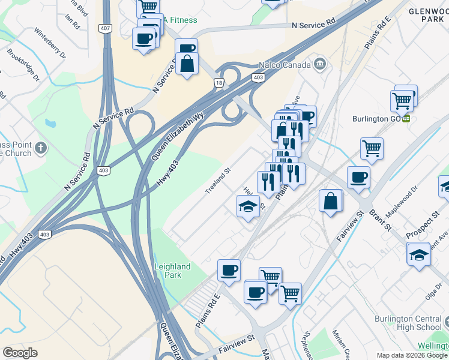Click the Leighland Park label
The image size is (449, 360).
172,271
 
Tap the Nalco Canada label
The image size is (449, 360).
283,65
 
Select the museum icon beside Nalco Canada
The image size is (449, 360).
319,64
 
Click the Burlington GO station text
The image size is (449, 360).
378,119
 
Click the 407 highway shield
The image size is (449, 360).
106,28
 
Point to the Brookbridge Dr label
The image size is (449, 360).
23,69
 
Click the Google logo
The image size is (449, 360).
20,353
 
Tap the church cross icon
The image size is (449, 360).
40,148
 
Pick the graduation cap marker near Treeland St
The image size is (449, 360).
248,207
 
